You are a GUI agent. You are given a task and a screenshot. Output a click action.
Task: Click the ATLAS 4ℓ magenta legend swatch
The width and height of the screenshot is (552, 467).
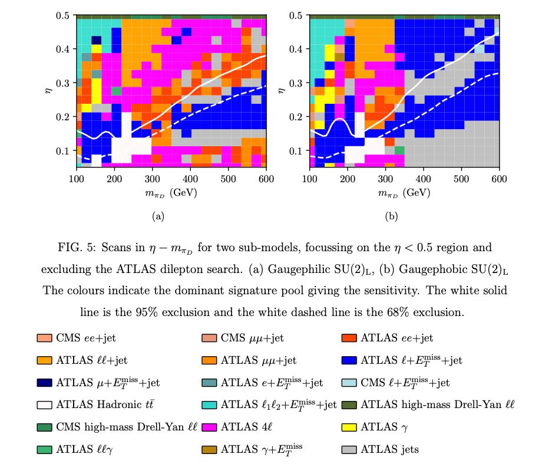(x=209, y=427)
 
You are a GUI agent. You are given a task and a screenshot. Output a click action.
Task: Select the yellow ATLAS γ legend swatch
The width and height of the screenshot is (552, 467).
(x=349, y=427)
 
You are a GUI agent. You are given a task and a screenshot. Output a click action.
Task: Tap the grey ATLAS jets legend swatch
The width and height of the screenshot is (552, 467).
(x=349, y=449)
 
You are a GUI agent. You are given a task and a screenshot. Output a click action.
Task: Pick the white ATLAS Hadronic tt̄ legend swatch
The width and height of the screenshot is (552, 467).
(x=44, y=404)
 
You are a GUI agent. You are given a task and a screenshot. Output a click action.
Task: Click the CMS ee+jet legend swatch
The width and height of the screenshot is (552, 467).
(x=44, y=338)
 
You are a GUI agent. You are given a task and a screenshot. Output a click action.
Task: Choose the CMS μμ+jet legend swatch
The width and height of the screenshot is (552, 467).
(x=209, y=338)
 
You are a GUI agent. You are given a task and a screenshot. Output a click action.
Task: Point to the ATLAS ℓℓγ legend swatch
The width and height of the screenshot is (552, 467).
(x=44, y=449)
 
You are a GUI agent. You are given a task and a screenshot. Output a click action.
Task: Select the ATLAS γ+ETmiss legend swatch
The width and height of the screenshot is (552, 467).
(x=209, y=449)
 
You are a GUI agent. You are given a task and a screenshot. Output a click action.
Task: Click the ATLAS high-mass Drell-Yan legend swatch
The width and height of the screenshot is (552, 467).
(x=349, y=404)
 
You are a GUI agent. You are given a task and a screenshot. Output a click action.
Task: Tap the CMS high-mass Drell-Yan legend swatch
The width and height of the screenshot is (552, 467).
(x=44, y=427)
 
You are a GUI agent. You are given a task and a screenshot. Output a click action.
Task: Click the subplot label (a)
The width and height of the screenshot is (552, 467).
(x=158, y=216)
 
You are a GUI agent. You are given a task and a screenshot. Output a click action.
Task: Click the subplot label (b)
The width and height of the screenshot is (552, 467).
(x=391, y=216)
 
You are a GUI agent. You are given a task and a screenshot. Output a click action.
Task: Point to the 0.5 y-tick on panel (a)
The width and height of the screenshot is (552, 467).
(x=64, y=15)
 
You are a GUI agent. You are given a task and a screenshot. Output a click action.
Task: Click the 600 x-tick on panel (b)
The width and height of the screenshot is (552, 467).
(x=499, y=178)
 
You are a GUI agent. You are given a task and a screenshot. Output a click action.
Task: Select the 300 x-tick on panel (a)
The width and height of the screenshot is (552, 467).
(x=152, y=178)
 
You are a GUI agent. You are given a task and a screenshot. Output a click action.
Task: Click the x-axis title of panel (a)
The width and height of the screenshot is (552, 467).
(x=171, y=192)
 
